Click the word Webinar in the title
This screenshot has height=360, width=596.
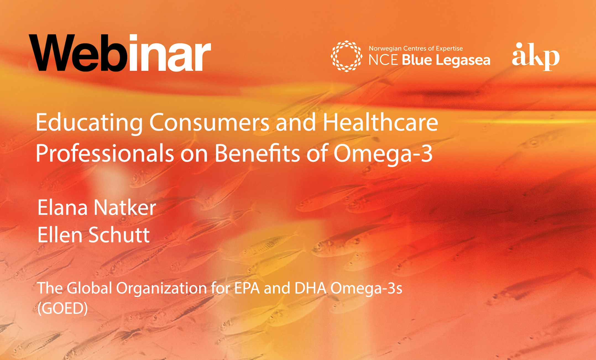(120, 53)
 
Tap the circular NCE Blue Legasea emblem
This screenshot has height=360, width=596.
(346, 56)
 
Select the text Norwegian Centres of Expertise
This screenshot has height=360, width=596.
(415, 48)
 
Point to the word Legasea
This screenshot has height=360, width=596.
(463, 60)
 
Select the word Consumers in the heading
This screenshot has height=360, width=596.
(209, 122)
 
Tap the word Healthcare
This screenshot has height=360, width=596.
(380, 122)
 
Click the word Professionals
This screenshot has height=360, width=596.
(105, 153)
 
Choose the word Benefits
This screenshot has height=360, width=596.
(257, 153)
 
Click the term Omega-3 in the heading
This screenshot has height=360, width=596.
(383, 153)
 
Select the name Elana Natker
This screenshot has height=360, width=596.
(96, 207)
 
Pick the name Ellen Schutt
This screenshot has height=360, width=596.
(93, 234)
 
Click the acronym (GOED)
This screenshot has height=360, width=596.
(62, 308)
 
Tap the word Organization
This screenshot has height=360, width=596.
(161, 288)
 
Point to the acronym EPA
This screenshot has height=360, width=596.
(247, 288)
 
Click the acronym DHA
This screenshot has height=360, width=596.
(310, 288)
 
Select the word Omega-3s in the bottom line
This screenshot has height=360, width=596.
(366, 288)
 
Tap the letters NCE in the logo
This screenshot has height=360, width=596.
(383, 60)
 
